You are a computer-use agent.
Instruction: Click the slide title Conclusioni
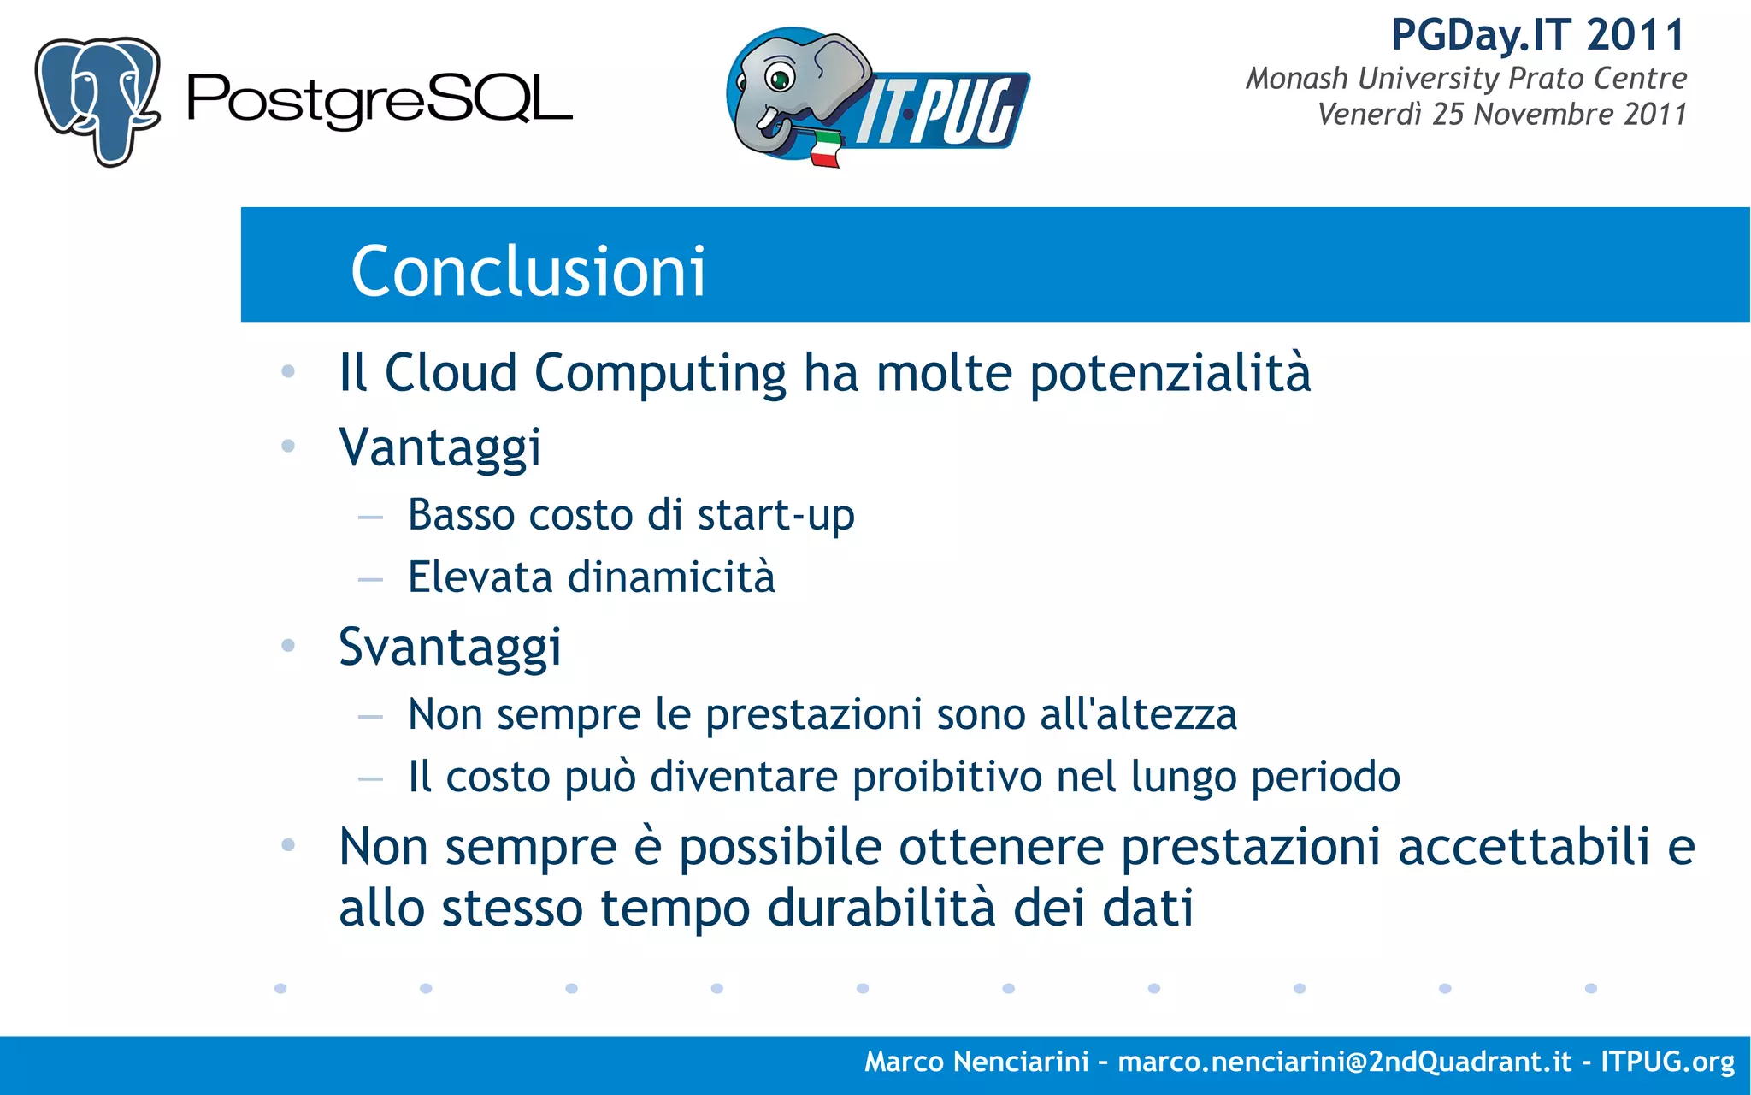(x=528, y=271)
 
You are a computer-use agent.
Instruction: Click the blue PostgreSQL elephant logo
(x=97, y=100)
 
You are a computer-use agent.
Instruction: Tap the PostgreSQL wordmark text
(x=379, y=102)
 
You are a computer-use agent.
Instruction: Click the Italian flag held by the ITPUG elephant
(x=824, y=148)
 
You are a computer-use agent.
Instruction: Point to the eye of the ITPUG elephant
(x=780, y=80)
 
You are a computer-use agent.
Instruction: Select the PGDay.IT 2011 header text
(x=1537, y=36)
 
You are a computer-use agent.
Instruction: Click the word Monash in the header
(x=1296, y=79)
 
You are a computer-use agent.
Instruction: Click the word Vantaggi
(x=439, y=447)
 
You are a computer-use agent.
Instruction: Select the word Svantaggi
(x=450, y=647)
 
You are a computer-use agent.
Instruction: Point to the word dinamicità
(x=671, y=577)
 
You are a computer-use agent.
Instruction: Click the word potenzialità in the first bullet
(x=1170, y=374)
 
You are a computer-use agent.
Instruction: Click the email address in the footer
(x=1344, y=1062)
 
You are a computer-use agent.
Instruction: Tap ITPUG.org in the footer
(x=1667, y=1062)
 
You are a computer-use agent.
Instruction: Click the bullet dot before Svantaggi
(x=288, y=645)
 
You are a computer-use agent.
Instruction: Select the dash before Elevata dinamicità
(x=370, y=580)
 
